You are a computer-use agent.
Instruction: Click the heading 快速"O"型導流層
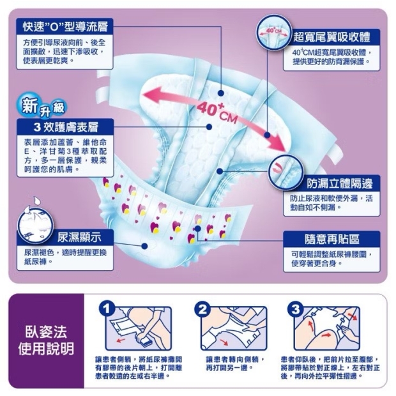click(65, 27)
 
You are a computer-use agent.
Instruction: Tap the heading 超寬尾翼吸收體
click(331, 37)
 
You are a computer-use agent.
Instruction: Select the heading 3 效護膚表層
click(66, 127)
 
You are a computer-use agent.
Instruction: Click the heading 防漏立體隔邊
click(340, 183)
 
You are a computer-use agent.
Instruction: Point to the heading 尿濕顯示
click(79, 237)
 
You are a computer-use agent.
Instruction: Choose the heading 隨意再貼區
click(332, 239)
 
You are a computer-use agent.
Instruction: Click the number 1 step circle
click(107, 309)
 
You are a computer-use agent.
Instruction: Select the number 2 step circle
click(202, 309)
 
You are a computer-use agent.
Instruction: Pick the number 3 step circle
click(296, 309)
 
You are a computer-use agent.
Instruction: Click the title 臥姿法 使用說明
click(46, 340)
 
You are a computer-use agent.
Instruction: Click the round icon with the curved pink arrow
click(286, 171)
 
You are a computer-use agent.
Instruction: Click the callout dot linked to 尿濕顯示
click(144, 246)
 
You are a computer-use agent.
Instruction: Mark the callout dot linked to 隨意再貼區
click(198, 229)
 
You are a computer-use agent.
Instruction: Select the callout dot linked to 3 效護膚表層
click(209, 127)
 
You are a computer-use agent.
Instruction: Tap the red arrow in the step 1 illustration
click(121, 340)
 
